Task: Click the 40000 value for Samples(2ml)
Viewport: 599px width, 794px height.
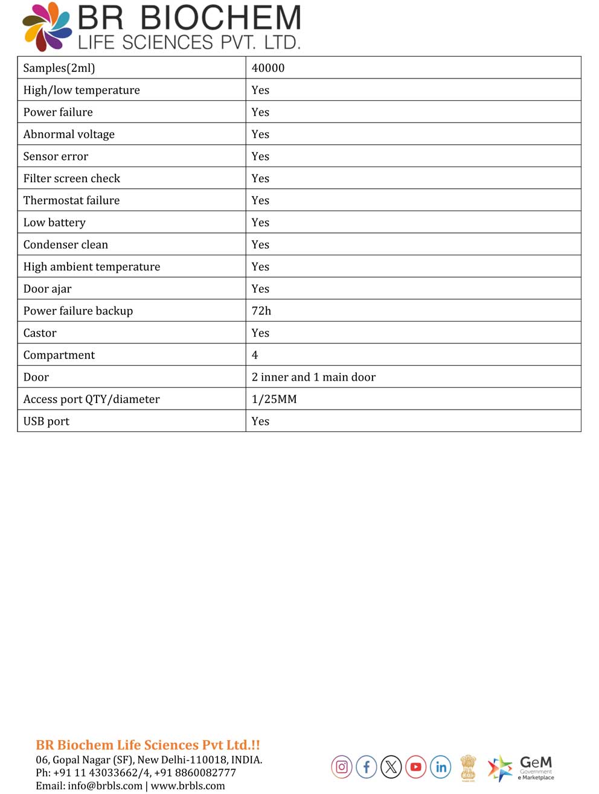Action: [268, 68]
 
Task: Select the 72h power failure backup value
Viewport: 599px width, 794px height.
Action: [261, 311]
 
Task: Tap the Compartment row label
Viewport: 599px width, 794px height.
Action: [59, 355]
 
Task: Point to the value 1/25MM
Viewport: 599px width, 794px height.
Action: [274, 399]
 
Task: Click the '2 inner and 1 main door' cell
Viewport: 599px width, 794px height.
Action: [313, 377]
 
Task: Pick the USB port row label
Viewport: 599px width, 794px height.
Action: [46, 421]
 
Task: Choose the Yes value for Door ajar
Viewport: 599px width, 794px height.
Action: [260, 289]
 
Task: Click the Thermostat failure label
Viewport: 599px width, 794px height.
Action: [71, 200]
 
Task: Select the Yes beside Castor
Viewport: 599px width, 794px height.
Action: [260, 333]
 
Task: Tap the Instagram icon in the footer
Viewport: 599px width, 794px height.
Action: [342, 767]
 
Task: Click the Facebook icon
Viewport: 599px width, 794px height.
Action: [367, 767]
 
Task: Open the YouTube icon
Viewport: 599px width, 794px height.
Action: [416, 767]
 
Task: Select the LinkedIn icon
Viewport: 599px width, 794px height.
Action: [441, 767]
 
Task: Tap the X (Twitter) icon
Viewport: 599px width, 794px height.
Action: [391, 767]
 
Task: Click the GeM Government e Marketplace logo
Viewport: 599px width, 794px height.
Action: [522, 767]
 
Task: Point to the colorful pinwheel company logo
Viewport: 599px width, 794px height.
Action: [46, 27]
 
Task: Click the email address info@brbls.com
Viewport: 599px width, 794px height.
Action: [105, 786]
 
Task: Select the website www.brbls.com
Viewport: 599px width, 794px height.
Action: [188, 786]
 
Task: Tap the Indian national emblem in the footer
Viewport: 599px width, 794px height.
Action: [468, 767]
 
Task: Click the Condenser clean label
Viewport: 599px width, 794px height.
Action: [66, 244]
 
